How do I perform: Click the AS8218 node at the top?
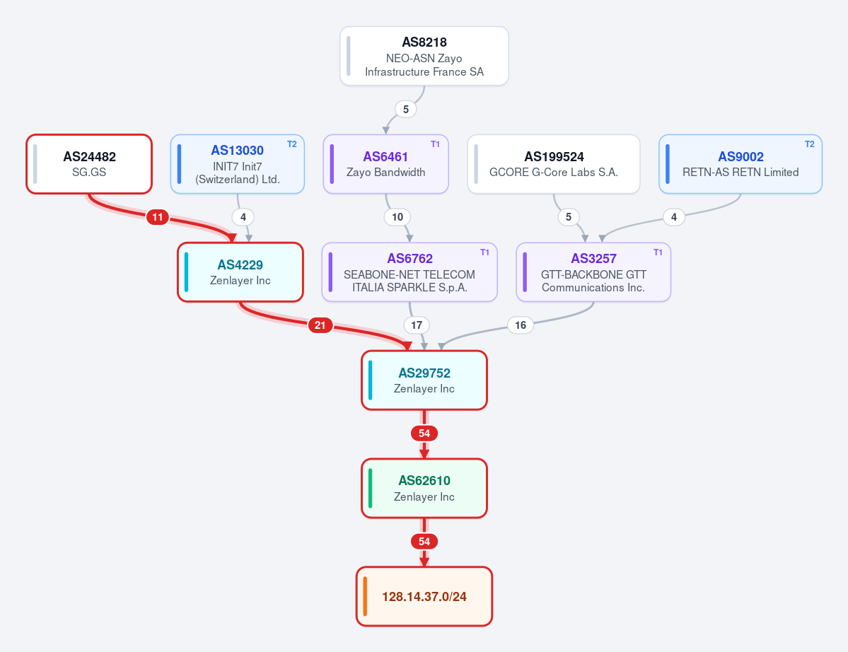(x=424, y=57)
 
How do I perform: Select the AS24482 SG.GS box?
(x=89, y=164)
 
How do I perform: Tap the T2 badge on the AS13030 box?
(x=292, y=144)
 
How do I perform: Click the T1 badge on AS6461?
(x=436, y=144)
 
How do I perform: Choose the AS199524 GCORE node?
(x=554, y=164)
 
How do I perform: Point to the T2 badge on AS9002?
(x=810, y=144)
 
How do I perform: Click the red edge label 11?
(x=158, y=217)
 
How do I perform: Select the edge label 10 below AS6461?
(x=397, y=217)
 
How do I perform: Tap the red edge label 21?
(x=320, y=325)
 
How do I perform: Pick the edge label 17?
(x=417, y=325)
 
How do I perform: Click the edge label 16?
(x=521, y=325)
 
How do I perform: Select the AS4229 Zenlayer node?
(x=240, y=272)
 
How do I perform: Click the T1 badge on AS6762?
(x=484, y=252)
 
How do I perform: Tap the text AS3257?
(x=594, y=258)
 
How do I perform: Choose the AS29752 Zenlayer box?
(x=424, y=380)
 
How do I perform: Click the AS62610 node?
(x=424, y=488)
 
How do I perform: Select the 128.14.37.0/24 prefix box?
(x=424, y=596)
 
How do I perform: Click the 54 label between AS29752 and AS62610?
(x=424, y=433)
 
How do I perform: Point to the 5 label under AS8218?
(x=406, y=109)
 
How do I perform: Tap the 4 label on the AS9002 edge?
(x=674, y=217)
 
